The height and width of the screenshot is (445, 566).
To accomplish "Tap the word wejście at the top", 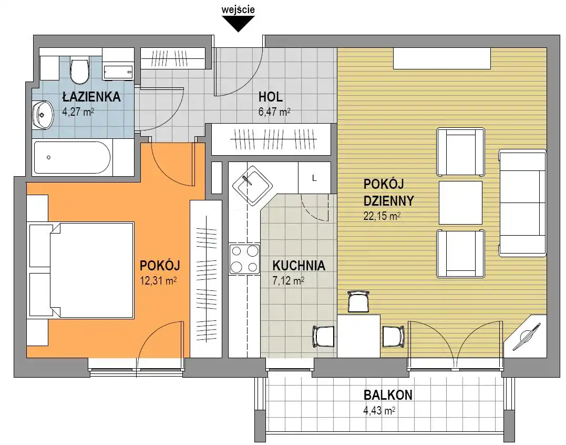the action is [x=238, y=9].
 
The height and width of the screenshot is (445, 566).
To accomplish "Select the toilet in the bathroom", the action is [x=80, y=70].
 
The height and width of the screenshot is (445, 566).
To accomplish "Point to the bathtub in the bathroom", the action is [x=72, y=157].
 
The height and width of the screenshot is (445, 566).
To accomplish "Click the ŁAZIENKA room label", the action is [x=91, y=97].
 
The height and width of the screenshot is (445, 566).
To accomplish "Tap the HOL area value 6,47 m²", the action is [x=274, y=112].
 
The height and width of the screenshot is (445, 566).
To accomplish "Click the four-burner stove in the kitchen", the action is [x=245, y=259].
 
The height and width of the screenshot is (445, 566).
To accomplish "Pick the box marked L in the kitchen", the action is [x=314, y=178].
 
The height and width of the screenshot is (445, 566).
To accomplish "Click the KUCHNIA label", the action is [x=299, y=266].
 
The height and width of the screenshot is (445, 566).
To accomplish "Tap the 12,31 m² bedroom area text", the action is [x=158, y=281].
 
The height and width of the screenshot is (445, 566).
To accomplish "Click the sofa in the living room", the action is [x=522, y=204].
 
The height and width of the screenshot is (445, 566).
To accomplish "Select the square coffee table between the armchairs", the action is [x=460, y=203].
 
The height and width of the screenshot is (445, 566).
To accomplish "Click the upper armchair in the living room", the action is [x=460, y=151].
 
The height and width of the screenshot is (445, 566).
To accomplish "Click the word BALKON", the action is [x=388, y=395].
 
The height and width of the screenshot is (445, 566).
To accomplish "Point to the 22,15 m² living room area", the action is [x=382, y=216].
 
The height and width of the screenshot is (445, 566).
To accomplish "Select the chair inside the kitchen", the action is [x=323, y=337].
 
